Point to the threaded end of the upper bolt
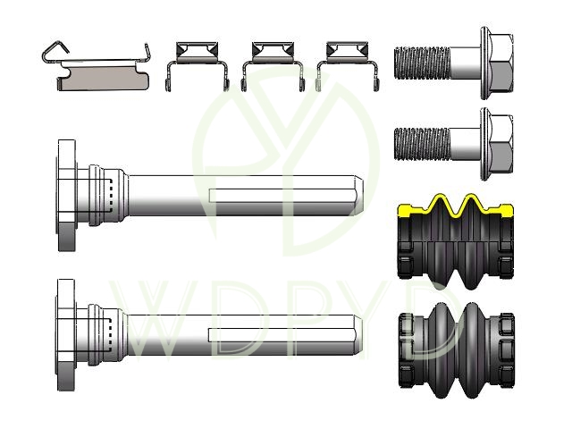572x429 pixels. pyautogui.click(x=422, y=63)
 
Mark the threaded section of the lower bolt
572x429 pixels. pyautogui.click(x=422, y=144)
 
